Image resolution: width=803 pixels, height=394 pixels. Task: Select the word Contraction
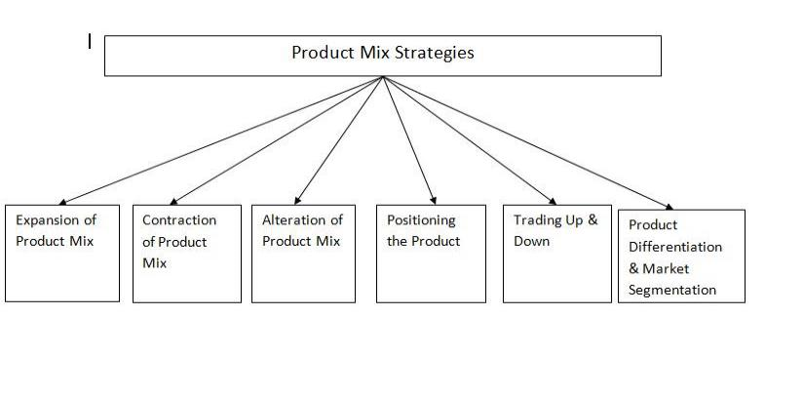point(179,220)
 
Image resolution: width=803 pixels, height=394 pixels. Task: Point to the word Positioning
point(421,220)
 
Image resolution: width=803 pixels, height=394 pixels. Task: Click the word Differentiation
point(675,247)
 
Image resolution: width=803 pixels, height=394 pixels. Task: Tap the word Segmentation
point(672,290)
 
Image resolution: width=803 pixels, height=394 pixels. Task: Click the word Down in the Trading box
point(532,241)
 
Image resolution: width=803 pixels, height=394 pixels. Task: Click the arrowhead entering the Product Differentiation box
point(669,206)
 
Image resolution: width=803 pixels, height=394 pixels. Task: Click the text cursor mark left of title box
point(90,41)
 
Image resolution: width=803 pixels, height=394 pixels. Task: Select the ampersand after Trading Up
point(592,220)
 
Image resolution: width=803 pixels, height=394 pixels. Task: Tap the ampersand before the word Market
point(634,268)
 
